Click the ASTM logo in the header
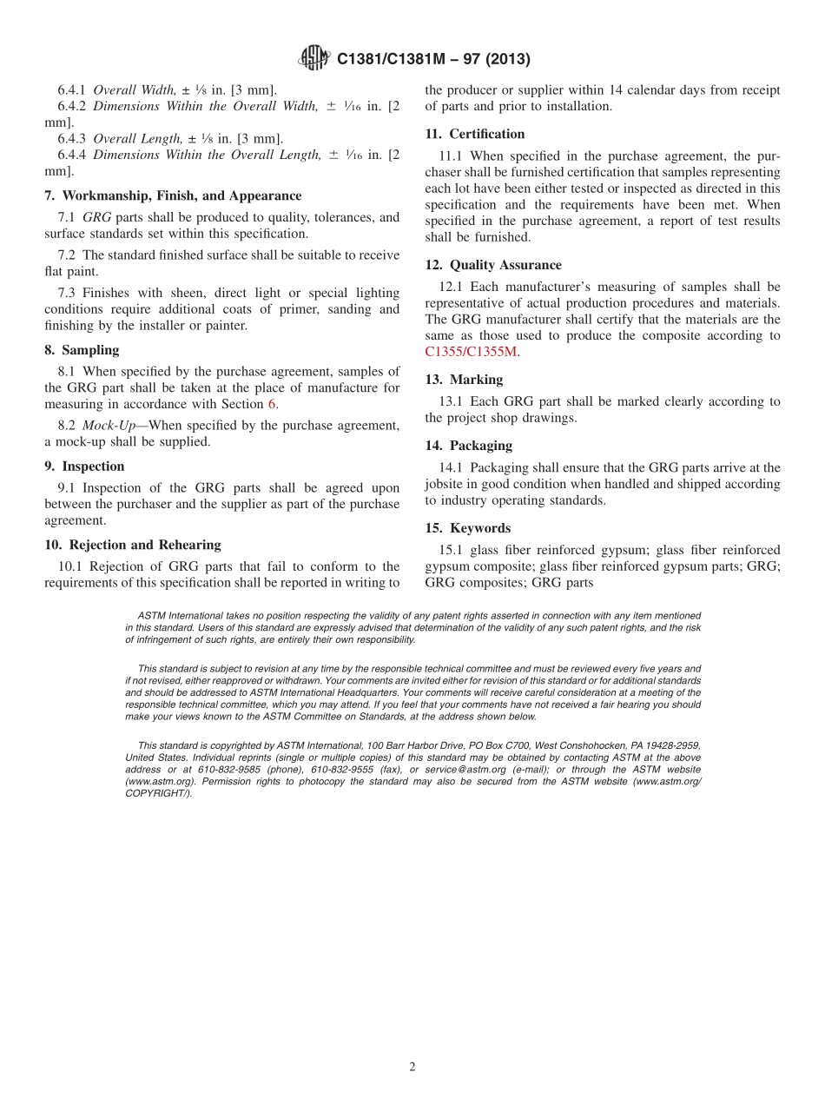[314, 58]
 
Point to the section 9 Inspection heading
[84, 466]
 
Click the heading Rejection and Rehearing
[132, 545]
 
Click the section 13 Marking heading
[464, 380]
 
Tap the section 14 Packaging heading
[468, 446]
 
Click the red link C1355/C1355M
[471, 352]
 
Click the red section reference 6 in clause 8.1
[271, 404]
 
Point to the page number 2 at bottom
[412, 1067]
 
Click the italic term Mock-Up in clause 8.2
[106, 426]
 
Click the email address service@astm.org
[466, 770]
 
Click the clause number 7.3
[69, 294]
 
